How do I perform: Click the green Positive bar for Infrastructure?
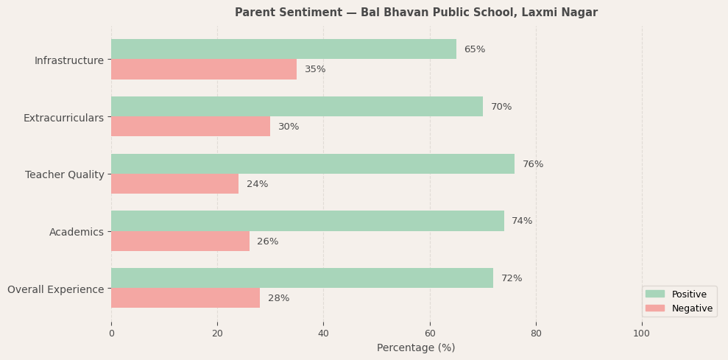click(x=283, y=49)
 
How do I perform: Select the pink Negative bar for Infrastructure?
click(x=204, y=69)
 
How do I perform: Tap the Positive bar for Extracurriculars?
click(x=297, y=107)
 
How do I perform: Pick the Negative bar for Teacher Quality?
click(x=174, y=184)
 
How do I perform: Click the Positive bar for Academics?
click(x=308, y=221)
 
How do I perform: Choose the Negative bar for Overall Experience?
click(x=185, y=298)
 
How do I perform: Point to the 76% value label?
click(x=533, y=164)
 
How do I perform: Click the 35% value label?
click(x=315, y=69)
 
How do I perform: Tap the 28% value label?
click(x=278, y=298)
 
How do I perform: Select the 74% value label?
click(x=522, y=221)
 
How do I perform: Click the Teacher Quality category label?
click(x=65, y=174)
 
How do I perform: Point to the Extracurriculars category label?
click(x=63, y=118)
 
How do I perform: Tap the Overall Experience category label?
click(x=56, y=289)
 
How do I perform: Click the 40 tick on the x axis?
click(x=323, y=333)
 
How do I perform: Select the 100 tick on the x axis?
click(x=642, y=333)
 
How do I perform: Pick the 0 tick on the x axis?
click(x=111, y=333)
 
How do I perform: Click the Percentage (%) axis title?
click(x=416, y=347)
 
